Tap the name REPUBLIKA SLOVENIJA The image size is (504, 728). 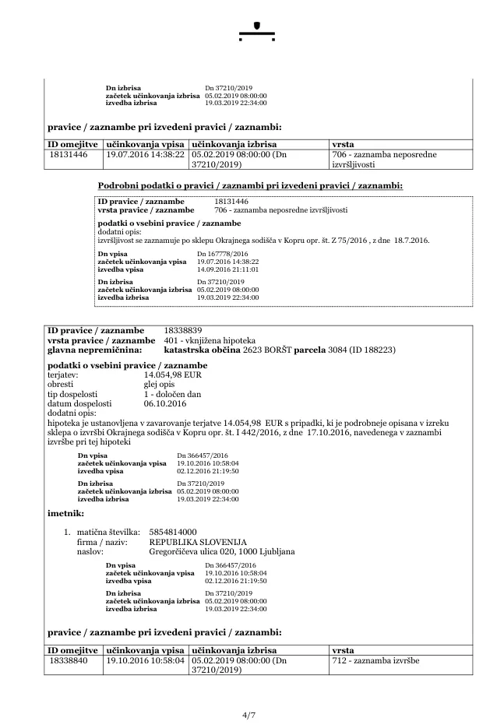tap(198, 541)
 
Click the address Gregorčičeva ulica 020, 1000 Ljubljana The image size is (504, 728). tap(221, 551)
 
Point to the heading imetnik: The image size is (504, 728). tap(65, 514)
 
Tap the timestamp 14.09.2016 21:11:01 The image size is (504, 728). tap(227, 269)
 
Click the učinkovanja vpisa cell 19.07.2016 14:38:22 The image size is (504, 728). tap(145, 155)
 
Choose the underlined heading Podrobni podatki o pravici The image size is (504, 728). tap(250, 185)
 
